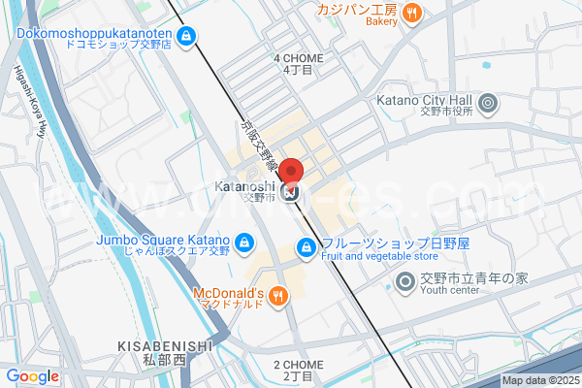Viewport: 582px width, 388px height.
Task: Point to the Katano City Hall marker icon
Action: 488,101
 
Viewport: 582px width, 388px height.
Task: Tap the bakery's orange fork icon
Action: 412,13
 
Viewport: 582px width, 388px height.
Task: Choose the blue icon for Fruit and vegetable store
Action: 306,246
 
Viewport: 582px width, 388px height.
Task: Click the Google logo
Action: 32,376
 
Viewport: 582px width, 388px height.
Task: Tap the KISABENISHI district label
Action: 164,345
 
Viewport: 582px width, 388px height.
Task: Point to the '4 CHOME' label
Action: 298,58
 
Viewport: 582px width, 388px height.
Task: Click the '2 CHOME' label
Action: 298,365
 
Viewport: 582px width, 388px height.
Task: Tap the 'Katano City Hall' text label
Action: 423,100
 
